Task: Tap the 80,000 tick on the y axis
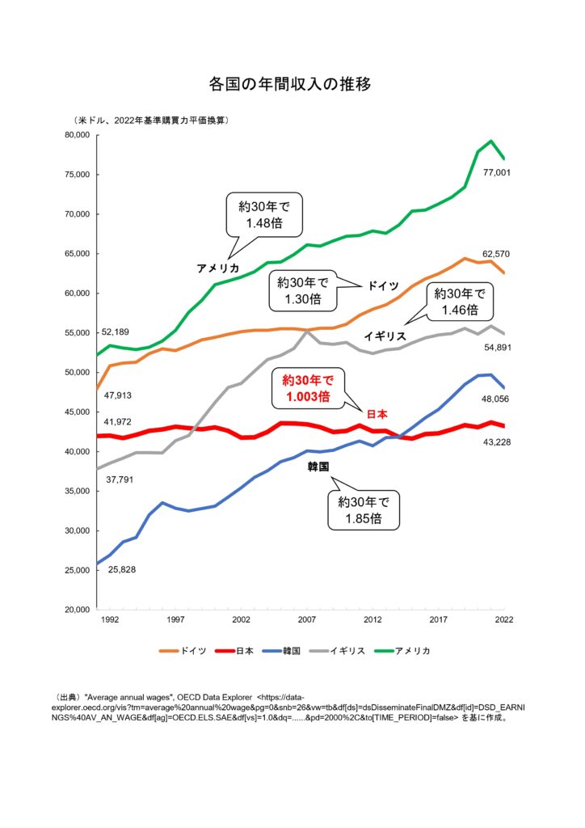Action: [74, 135]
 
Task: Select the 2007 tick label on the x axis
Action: [306, 620]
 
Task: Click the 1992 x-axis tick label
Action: [109, 620]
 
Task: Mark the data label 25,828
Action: [121, 570]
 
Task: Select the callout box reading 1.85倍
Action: [363, 511]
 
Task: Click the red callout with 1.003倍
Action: [306, 387]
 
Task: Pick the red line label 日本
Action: [377, 414]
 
